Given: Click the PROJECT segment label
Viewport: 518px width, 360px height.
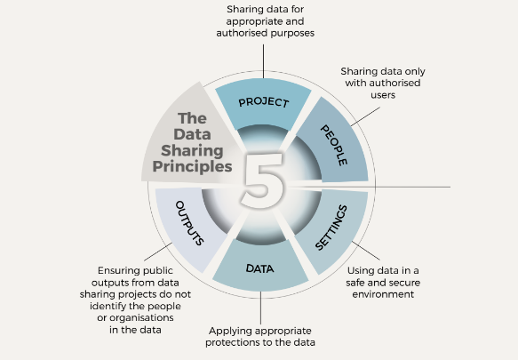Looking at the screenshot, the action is [264, 102].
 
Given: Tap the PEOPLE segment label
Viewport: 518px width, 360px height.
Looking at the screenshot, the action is [334, 145].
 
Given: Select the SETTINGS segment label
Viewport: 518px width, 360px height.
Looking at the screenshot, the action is [331, 228].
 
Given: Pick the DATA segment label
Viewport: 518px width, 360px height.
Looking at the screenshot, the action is [259, 268].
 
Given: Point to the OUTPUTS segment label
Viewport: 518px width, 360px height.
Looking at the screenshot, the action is [189, 223].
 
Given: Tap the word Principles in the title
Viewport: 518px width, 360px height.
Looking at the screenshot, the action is [192, 166].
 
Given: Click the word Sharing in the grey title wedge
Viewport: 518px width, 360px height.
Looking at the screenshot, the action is [192, 150].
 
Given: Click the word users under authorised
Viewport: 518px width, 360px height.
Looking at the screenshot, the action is [383, 95].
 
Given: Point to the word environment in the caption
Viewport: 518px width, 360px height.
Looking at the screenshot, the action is [383, 294].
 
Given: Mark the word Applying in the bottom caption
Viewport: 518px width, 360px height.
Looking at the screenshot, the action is [227, 332].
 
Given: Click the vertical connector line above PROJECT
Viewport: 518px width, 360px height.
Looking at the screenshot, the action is [263, 61].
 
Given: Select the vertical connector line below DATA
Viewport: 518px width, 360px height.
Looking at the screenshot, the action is [260, 308].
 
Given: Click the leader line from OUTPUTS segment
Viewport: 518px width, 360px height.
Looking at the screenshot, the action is [158, 252].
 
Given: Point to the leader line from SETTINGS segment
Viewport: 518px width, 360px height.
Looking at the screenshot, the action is [366, 251].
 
